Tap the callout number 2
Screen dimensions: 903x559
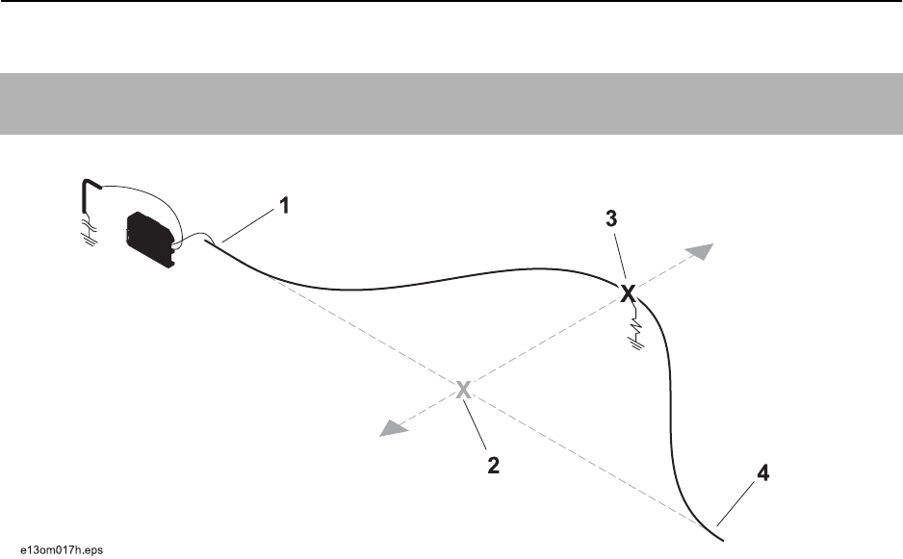pyautogui.click(x=493, y=466)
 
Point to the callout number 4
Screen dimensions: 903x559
pyautogui.click(x=763, y=474)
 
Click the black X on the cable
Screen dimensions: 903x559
pyautogui.click(x=628, y=293)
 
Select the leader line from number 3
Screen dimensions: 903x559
pyautogui.click(x=618, y=257)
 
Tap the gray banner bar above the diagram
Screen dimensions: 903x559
pyautogui.click(x=451, y=104)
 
